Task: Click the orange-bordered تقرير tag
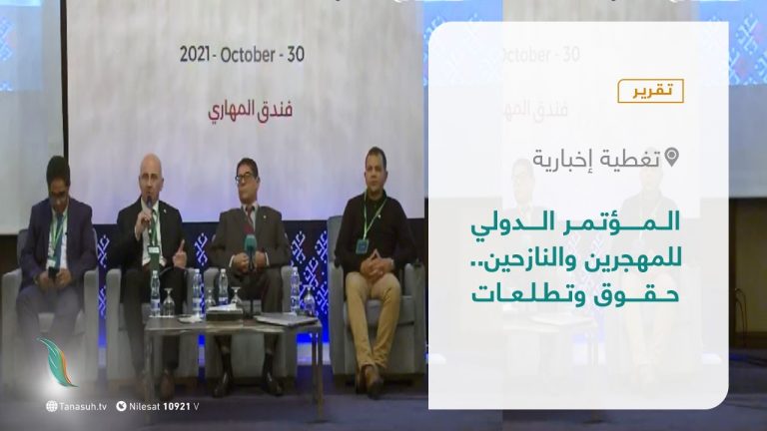650,91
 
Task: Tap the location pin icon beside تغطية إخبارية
671,158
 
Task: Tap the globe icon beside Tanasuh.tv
51,406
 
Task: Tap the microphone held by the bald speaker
149,207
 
